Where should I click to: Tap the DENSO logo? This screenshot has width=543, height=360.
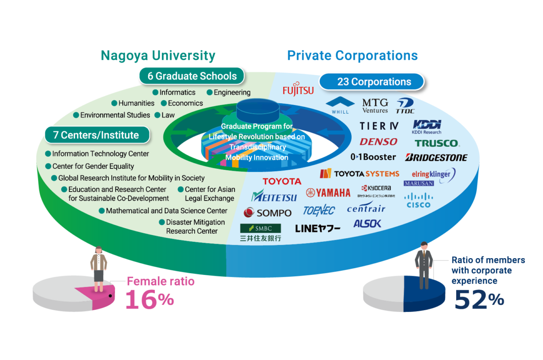click(x=378, y=142)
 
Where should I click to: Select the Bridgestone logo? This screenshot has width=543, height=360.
click(x=436, y=158)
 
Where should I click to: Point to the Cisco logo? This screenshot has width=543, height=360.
click(x=418, y=200)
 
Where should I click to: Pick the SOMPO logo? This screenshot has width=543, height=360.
click(x=267, y=212)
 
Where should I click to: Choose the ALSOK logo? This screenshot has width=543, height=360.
click(x=367, y=223)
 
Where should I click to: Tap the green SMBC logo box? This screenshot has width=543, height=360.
click(x=260, y=228)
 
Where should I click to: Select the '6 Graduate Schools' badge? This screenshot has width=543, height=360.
click(x=191, y=76)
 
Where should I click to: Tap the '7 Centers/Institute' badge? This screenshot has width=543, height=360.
click(x=97, y=135)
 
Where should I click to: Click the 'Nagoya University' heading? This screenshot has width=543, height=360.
click(x=158, y=56)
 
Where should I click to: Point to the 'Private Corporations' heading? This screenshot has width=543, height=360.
click(x=352, y=56)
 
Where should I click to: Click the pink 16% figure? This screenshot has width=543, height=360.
click(x=149, y=299)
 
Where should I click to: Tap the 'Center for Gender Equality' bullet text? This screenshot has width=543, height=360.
click(x=93, y=166)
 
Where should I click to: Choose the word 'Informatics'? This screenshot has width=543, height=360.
click(x=177, y=92)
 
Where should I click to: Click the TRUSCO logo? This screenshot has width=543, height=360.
click(x=437, y=143)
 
